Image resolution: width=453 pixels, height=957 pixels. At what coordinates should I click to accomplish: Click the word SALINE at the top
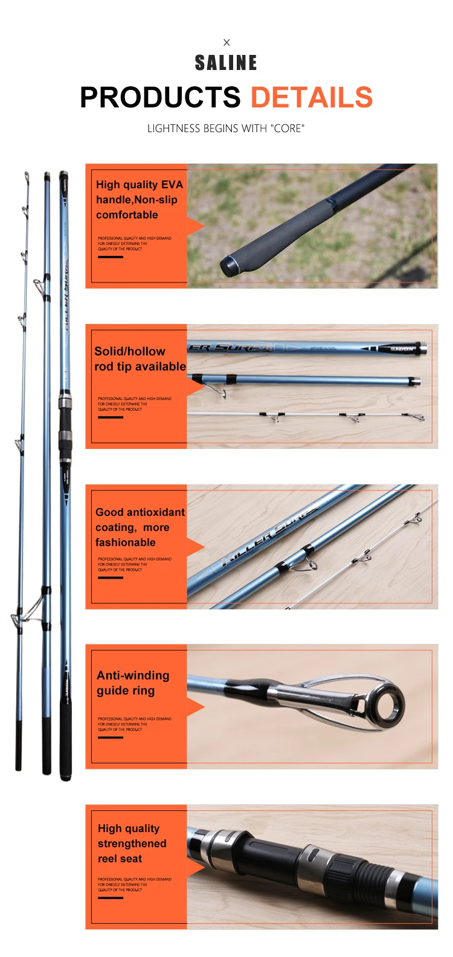coord(226,63)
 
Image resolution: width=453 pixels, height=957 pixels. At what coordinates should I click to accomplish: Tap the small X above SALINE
coord(226,42)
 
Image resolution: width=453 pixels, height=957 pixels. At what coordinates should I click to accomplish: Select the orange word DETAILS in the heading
coord(312,98)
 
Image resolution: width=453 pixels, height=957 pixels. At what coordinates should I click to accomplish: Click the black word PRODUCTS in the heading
coord(161,98)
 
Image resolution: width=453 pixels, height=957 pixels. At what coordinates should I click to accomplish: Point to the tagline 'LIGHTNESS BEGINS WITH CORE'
coord(226,129)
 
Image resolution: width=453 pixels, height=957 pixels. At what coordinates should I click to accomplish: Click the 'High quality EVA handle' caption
coord(139,200)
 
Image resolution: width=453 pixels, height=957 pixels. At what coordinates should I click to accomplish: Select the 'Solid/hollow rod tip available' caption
coord(140,359)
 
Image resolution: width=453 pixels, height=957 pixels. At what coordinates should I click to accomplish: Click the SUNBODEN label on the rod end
coord(401,349)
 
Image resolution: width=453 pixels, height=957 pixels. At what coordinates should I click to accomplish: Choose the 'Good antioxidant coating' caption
coord(140,527)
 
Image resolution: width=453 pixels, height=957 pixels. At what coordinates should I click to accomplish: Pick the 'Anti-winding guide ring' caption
coord(133,683)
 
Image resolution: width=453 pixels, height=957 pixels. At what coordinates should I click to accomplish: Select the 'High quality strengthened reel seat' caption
coord(132,844)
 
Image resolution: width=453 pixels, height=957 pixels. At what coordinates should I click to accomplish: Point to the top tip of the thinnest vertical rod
coord(27,175)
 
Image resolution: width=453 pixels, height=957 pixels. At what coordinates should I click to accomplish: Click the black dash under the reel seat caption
coord(111,898)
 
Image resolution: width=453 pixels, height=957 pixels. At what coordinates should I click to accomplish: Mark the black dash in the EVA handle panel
coord(111,257)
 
